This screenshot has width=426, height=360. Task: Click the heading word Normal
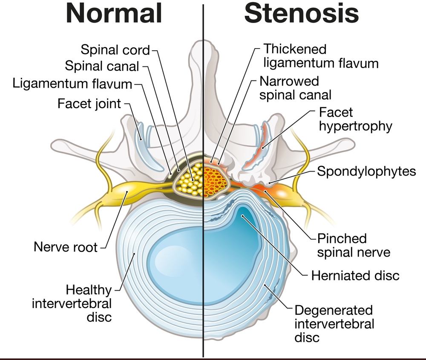point(115,14)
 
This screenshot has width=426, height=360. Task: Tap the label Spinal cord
point(115,50)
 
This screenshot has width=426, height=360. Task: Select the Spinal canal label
point(102,66)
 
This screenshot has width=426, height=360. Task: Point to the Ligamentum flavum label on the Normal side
point(72,83)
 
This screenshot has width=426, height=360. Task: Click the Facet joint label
point(89,103)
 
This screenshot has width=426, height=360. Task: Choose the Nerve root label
point(66,247)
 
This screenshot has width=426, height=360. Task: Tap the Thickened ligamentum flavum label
point(321,56)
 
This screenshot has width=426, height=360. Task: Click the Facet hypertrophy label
point(355,119)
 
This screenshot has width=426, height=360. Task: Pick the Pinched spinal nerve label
point(354,245)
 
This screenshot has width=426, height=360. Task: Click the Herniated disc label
point(355,275)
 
